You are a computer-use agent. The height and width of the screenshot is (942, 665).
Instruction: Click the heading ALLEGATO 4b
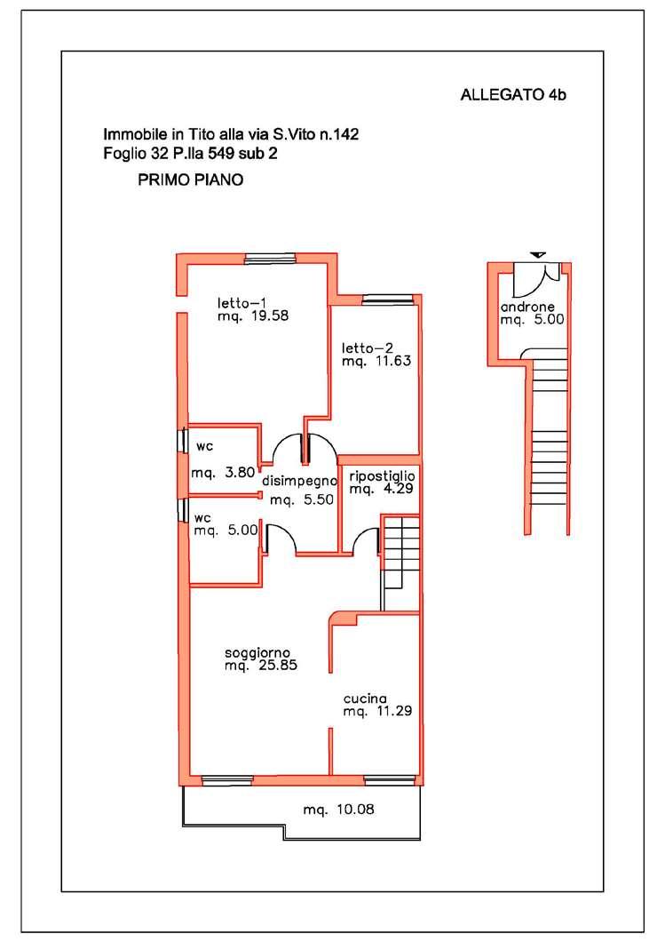[x=513, y=95]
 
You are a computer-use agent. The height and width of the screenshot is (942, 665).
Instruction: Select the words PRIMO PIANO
[x=190, y=180]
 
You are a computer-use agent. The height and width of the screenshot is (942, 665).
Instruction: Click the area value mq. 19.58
[x=253, y=315]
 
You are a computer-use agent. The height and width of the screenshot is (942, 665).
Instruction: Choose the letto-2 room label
[x=368, y=347]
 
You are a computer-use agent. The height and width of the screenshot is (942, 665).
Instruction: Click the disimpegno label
[x=299, y=481]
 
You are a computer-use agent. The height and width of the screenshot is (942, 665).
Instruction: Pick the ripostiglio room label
[x=382, y=475]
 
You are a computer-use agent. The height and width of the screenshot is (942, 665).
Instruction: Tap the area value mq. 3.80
[x=223, y=473]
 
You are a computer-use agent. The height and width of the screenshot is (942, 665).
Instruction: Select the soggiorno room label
[x=257, y=653]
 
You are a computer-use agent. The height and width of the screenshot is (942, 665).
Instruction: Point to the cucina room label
[x=365, y=699]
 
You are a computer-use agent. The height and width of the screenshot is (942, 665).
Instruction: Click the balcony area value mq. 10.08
[x=338, y=810]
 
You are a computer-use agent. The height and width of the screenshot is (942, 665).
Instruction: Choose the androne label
[x=527, y=307]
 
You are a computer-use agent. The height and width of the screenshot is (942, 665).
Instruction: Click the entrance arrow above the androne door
[x=538, y=255]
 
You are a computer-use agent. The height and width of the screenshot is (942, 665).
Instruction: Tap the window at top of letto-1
[x=270, y=259]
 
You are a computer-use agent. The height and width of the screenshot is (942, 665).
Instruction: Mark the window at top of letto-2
[x=388, y=299]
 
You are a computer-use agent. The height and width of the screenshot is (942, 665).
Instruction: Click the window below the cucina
[x=390, y=780]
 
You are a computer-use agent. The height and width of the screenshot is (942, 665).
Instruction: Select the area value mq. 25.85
[x=261, y=666]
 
